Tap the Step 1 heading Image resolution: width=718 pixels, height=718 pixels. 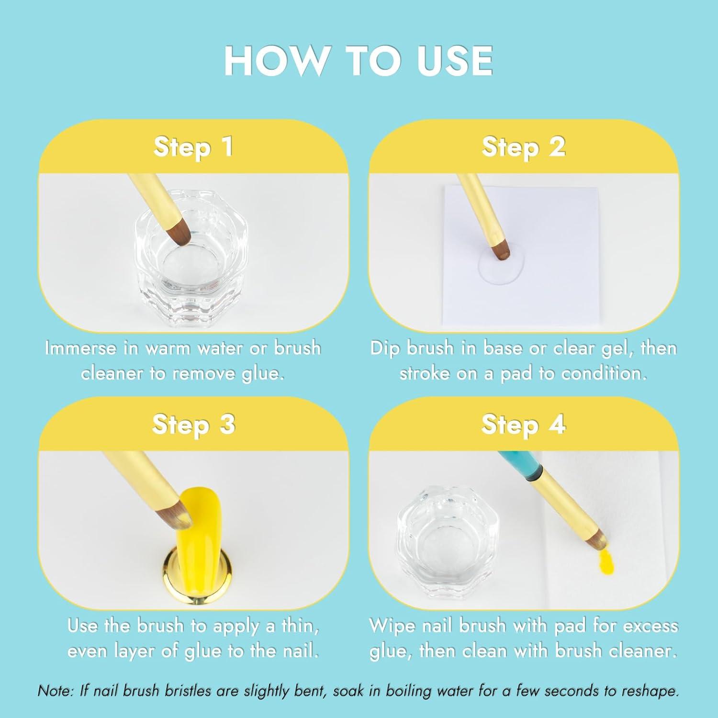click(193, 146)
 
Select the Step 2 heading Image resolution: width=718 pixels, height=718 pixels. click(523, 146)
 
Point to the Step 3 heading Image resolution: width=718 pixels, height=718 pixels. click(193, 424)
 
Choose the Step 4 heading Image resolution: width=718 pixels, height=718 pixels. click(523, 424)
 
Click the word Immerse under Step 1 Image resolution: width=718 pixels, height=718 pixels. click(80, 348)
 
